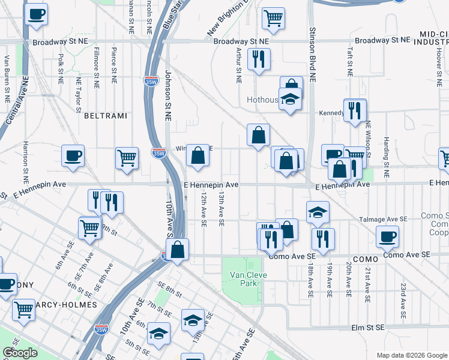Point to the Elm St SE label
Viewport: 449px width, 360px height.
[367, 328]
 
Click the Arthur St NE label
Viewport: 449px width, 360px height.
[239, 65]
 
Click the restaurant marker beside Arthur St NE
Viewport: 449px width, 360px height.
[259, 59]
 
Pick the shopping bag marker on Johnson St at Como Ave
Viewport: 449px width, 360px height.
[178, 250]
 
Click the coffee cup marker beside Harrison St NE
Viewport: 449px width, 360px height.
[73, 156]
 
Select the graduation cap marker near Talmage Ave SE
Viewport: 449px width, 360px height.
[318, 212]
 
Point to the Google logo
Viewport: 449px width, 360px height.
[20, 353]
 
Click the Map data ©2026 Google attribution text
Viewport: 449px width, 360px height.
[411, 355]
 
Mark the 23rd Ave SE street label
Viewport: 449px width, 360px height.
[404, 301]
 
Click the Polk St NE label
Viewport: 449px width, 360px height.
[61, 68]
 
